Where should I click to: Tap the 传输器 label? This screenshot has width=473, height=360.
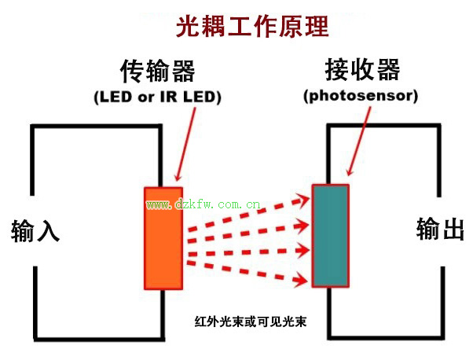[157, 72]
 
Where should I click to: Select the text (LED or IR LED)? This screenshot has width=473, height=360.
[157, 97]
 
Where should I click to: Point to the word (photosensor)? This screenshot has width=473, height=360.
[361, 96]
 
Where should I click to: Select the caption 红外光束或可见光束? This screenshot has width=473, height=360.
[251, 321]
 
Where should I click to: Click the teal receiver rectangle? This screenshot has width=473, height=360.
[331, 236]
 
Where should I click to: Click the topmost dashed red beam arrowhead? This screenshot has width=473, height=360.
[302, 200]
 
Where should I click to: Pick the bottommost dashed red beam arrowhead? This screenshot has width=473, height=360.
[301, 279]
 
